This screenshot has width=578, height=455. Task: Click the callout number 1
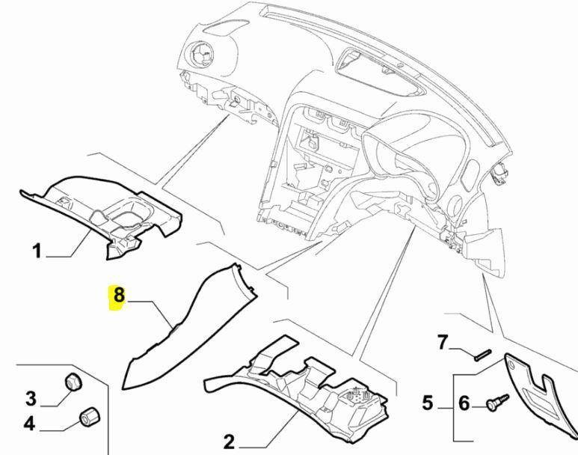point(37,250)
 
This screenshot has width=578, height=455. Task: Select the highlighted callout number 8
point(118,296)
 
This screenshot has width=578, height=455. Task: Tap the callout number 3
point(31,397)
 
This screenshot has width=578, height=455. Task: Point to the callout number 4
point(28,424)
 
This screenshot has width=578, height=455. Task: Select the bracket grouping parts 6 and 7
point(454,404)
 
